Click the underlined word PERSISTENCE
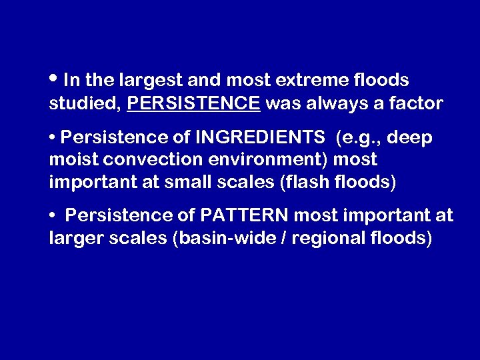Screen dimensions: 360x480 tap(193, 103)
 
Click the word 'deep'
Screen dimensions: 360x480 tap(410, 138)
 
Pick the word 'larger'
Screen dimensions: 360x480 tap(75, 238)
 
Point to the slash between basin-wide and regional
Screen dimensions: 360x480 tap(275, 238)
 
